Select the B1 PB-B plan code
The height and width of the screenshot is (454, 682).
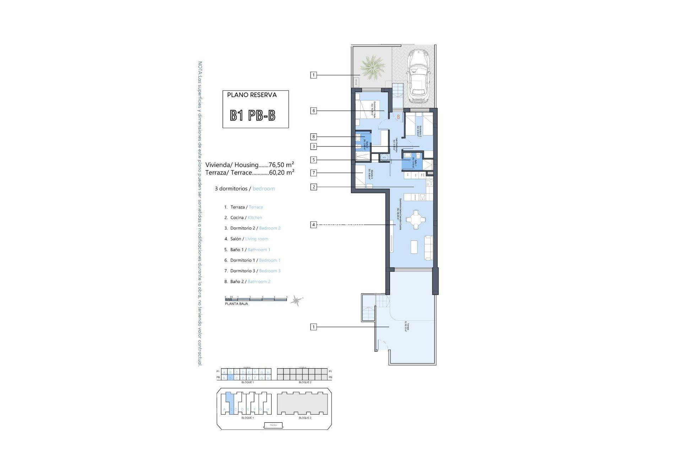pos(253,115)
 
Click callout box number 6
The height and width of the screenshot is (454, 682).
pos(313,111)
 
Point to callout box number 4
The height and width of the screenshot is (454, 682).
pos(313,225)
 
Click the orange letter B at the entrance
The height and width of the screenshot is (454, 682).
pos(399,117)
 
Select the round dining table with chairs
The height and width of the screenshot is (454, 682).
pos(415,220)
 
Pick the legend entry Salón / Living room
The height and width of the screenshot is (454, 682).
pos(249,239)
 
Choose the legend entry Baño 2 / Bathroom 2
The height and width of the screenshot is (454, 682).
pos(250,281)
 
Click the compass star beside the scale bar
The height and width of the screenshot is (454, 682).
pos(296,301)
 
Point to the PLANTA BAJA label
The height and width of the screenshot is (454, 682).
pos(236,304)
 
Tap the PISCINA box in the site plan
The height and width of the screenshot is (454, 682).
pos(274,425)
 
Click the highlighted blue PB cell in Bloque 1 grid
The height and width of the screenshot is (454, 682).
pos(230,378)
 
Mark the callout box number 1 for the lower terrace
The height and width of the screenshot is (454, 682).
pos(313,327)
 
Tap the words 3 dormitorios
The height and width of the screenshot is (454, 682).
pos(231,189)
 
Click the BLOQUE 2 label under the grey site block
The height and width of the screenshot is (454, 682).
pos(305,418)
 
